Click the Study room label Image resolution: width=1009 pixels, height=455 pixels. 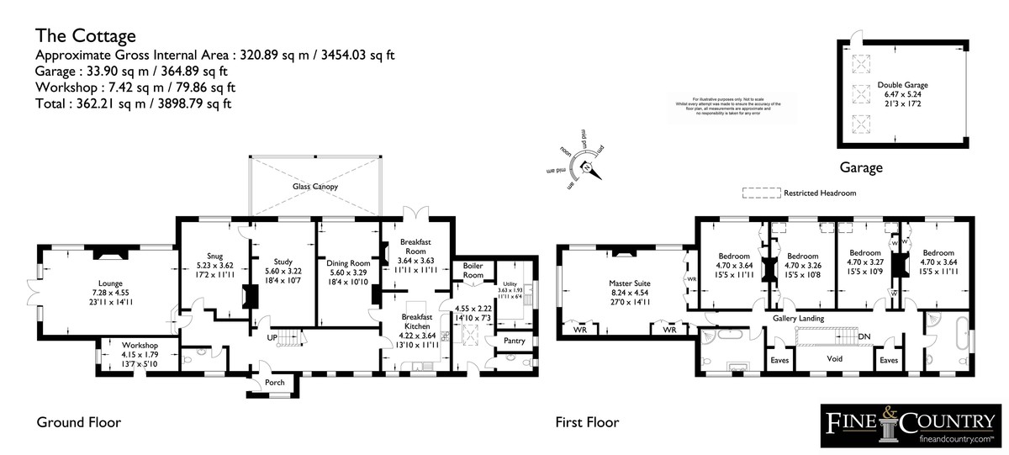282,262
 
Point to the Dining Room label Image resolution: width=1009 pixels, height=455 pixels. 348,263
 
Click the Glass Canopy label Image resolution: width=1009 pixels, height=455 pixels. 315,186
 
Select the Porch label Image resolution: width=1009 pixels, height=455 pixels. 274,384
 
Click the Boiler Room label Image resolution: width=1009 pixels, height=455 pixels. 473,270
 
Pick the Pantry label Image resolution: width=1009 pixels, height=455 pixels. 511,341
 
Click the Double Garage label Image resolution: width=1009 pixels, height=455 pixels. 902,85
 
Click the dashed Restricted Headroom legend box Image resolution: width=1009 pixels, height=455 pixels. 759,193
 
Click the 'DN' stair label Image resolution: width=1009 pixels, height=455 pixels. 864,337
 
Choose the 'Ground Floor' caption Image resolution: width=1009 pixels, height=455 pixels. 78,422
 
